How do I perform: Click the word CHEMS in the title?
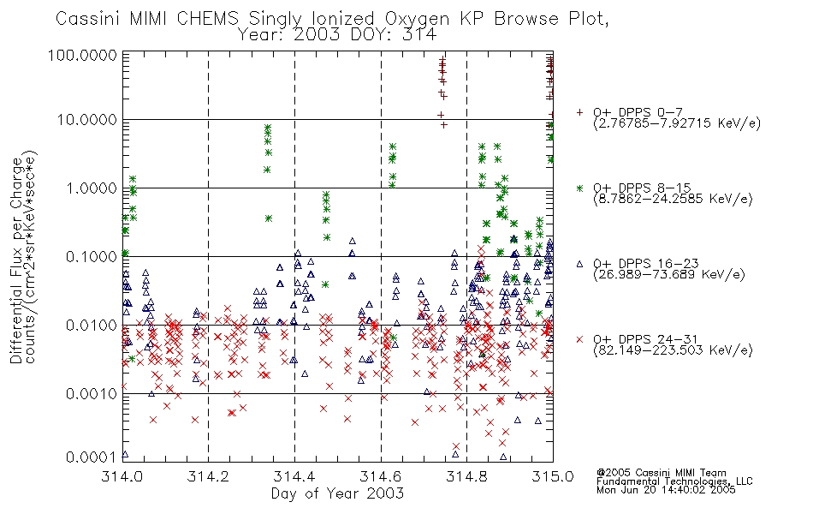point(207,19)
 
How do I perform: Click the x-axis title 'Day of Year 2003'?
point(337,493)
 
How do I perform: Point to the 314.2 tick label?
point(209,476)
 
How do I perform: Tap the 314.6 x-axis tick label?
point(381,476)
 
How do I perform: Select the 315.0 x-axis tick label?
point(553,476)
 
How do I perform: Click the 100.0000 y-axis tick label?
point(82,55)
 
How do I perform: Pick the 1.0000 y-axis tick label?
point(92,188)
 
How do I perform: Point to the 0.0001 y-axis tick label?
point(92,457)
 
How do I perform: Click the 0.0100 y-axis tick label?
point(92,325)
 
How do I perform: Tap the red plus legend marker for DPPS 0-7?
point(579,112)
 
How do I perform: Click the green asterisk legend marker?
point(579,188)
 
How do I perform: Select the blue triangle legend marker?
point(579,264)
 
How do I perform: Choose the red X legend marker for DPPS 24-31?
point(579,339)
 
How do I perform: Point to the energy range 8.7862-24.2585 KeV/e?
point(673,199)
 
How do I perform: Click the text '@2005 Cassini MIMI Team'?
point(661,473)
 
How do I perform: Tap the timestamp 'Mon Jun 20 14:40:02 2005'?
point(666,490)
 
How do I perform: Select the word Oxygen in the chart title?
point(417,20)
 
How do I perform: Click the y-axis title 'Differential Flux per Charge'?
point(16,260)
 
